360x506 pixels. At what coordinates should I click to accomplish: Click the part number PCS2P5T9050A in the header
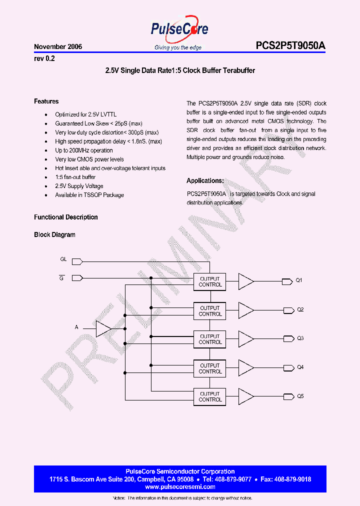[x=290, y=46]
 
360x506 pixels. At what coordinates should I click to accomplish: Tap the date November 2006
[x=58, y=46]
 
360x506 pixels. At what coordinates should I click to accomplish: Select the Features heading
[x=46, y=101]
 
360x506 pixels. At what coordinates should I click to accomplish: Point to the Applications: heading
[x=205, y=181]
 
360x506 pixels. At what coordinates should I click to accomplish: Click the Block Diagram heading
[x=54, y=234]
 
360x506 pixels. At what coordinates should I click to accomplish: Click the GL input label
[x=63, y=259]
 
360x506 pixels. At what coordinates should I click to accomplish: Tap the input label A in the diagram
[x=76, y=327]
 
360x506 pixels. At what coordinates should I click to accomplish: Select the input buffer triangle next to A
[x=103, y=328]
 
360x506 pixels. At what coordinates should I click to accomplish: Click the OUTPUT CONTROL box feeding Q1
[x=210, y=282]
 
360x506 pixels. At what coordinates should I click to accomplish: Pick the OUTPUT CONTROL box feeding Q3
[x=210, y=339]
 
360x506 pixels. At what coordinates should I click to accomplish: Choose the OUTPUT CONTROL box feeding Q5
[x=210, y=397]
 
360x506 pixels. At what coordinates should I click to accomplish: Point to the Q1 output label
[x=299, y=280]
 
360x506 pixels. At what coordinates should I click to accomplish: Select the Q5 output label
[x=300, y=396]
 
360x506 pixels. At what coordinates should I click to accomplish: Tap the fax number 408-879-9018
[x=292, y=479]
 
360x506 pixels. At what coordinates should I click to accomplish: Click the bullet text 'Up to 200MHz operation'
[x=84, y=150]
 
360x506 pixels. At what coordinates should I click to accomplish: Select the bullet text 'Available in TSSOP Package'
[x=89, y=195]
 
